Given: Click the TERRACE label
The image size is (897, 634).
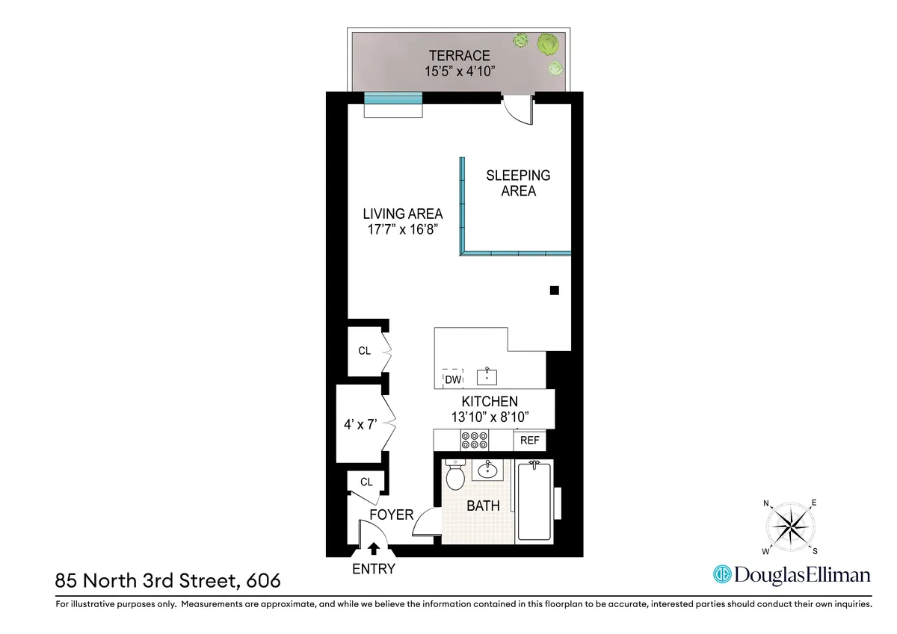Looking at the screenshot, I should click(459, 55).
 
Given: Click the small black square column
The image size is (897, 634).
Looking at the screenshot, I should click(554, 290).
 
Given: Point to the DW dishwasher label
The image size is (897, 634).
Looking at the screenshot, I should click(452, 380).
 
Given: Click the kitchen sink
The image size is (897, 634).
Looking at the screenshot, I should click(487, 374).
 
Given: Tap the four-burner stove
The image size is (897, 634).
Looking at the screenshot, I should click(474, 441).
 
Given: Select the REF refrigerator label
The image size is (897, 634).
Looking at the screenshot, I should click(529, 441).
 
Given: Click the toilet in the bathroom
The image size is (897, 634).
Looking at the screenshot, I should click(454, 474).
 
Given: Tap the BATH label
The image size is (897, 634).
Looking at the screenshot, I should click(483, 506).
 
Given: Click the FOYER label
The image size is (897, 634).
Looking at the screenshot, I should click(392, 515).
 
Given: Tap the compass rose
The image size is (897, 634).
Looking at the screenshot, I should click(791, 527).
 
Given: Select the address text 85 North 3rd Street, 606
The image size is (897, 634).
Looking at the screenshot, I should click(168, 579).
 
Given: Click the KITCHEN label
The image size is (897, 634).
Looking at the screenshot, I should click(489, 402).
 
